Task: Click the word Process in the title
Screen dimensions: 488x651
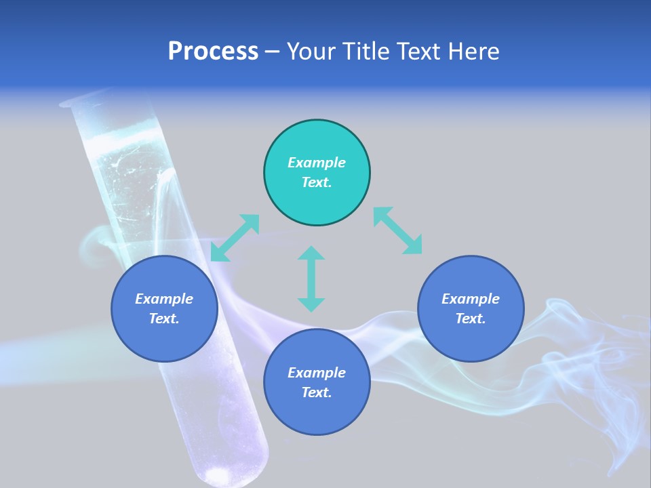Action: [213, 52]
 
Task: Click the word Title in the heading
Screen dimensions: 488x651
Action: [368, 52]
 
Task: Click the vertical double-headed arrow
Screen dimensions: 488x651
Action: [311, 279]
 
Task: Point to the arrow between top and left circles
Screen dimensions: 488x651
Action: [235, 238]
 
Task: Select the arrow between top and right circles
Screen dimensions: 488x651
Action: [398, 231]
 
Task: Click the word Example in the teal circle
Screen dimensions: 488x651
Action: [317, 163]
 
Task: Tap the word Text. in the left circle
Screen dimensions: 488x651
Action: [164, 319]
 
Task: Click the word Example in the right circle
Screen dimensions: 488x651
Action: [471, 299]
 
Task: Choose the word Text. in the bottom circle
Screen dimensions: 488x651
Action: [317, 392]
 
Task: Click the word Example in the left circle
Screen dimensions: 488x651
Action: [164, 299]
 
